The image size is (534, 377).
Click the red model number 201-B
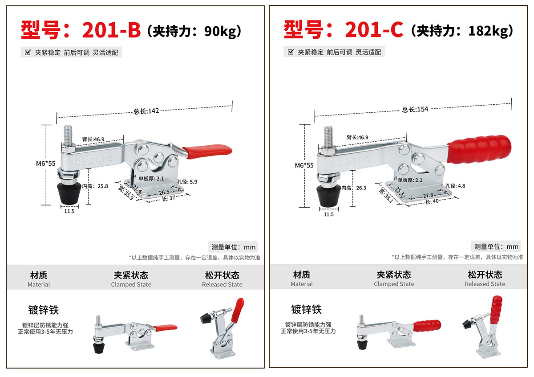111,30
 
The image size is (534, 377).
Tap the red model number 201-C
374,29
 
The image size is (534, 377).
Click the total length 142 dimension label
146,111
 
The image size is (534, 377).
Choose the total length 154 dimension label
415,109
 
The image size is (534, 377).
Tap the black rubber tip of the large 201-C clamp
328,196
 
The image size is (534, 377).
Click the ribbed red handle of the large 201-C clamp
479,149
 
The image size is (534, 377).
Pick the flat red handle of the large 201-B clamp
207,151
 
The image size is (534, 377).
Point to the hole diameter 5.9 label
187,182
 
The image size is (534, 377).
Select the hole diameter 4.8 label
455,186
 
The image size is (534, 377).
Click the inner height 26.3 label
354,188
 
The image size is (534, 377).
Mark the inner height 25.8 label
95,186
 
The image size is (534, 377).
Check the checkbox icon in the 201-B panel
28,52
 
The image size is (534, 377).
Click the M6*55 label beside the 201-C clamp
304,165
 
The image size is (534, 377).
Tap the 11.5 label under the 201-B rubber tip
69,211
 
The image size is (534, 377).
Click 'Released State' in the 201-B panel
222,284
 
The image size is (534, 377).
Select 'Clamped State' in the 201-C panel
394,284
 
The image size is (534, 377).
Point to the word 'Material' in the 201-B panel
39,284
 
